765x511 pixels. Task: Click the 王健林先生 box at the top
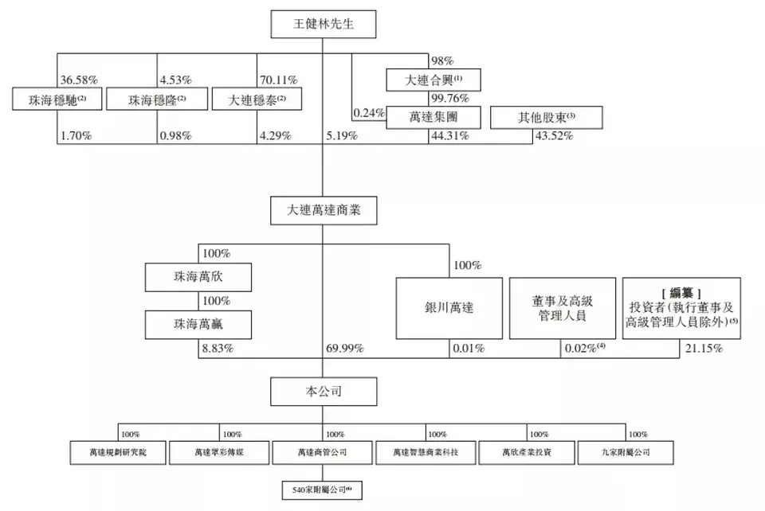tap(323, 25)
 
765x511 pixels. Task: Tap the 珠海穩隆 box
tap(156, 100)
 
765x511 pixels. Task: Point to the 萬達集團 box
tap(434, 118)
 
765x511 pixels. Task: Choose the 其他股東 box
tap(546, 118)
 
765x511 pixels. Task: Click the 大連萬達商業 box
tap(323, 212)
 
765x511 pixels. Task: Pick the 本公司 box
tap(323, 391)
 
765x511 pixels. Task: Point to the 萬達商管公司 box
tap(323, 453)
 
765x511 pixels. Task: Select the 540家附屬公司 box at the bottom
tap(323, 489)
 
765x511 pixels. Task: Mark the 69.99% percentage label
tap(345, 349)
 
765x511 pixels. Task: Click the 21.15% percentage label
tap(700, 349)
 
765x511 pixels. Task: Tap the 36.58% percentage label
tap(79, 80)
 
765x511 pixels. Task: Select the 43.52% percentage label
tap(555, 136)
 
